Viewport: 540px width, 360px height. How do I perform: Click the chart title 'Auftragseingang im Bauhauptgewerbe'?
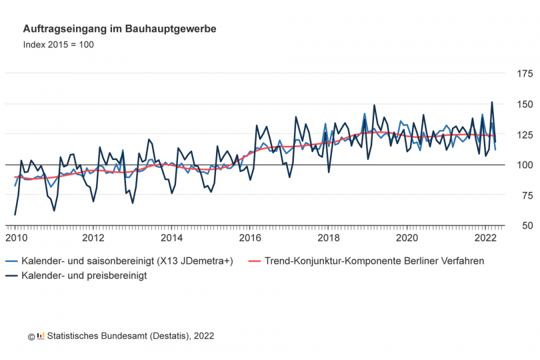(119, 29)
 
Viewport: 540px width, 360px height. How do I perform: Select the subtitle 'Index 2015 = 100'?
(59, 45)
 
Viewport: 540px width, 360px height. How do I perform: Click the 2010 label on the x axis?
(15, 238)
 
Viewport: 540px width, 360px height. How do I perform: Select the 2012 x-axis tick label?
(93, 238)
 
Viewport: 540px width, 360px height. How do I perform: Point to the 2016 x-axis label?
(250, 238)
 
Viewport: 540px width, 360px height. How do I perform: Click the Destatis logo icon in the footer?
(41, 337)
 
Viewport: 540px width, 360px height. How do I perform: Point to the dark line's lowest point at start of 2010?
(15, 215)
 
